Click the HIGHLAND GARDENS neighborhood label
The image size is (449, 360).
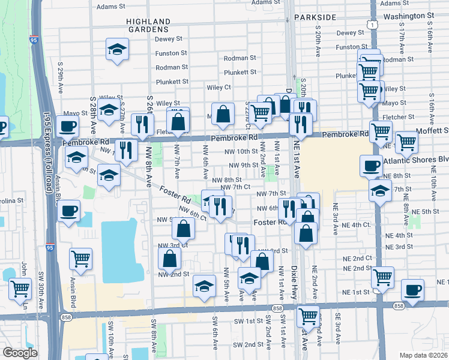(x=148, y=25)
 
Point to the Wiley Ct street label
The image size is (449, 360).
(x=219, y=87)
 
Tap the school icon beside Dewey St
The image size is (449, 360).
(x=117, y=49)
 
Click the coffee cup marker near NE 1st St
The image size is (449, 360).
(x=412, y=289)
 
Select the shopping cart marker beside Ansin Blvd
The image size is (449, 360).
(x=80, y=258)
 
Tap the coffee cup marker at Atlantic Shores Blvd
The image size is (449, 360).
(x=371, y=165)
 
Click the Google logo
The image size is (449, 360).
(x=20, y=353)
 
